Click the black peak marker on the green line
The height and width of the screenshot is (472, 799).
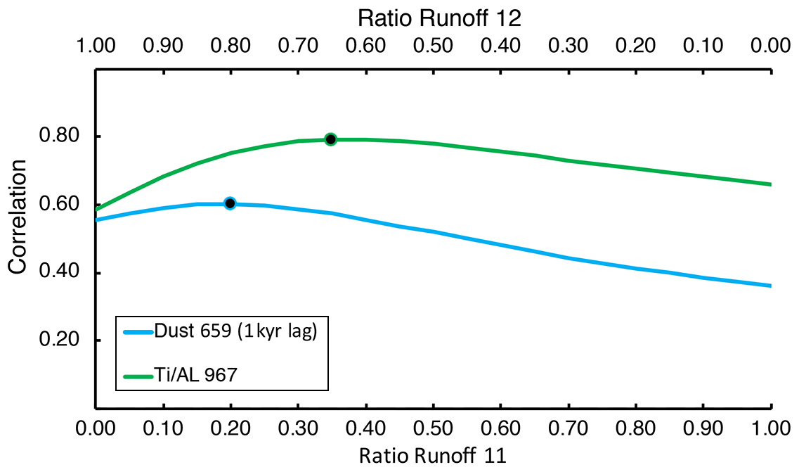click(x=330, y=139)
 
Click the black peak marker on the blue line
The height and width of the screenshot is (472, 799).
click(x=230, y=203)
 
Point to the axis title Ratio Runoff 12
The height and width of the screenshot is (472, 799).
click(x=439, y=16)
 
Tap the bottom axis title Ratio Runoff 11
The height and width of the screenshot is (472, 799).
click(x=432, y=455)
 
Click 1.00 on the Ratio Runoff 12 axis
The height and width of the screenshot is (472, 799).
click(x=96, y=46)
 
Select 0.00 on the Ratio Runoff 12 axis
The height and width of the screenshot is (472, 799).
click(x=771, y=46)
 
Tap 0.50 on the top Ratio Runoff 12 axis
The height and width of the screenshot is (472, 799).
click(x=434, y=46)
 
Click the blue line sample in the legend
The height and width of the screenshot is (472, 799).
click(x=138, y=332)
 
